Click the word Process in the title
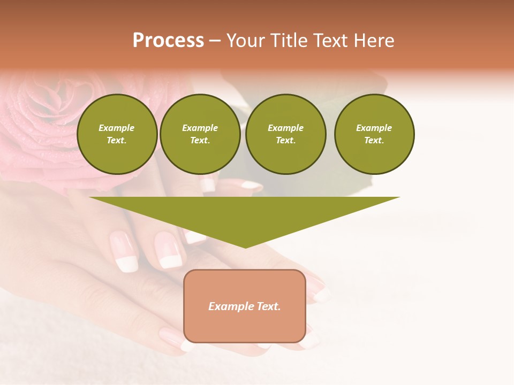pyautogui.click(x=168, y=41)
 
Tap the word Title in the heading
pyautogui.click(x=287, y=41)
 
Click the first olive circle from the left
pyautogui.click(x=117, y=134)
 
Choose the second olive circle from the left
pyautogui.click(x=200, y=134)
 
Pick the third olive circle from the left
pyautogui.click(x=285, y=134)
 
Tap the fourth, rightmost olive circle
pyautogui.click(x=374, y=134)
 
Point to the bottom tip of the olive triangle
pyautogui.click(x=245, y=247)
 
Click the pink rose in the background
pyautogui.click(x=43, y=123)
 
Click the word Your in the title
pyautogui.click(x=245, y=41)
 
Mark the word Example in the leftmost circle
pyautogui.click(x=117, y=128)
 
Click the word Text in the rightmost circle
pyautogui.click(x=374, y=141)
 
